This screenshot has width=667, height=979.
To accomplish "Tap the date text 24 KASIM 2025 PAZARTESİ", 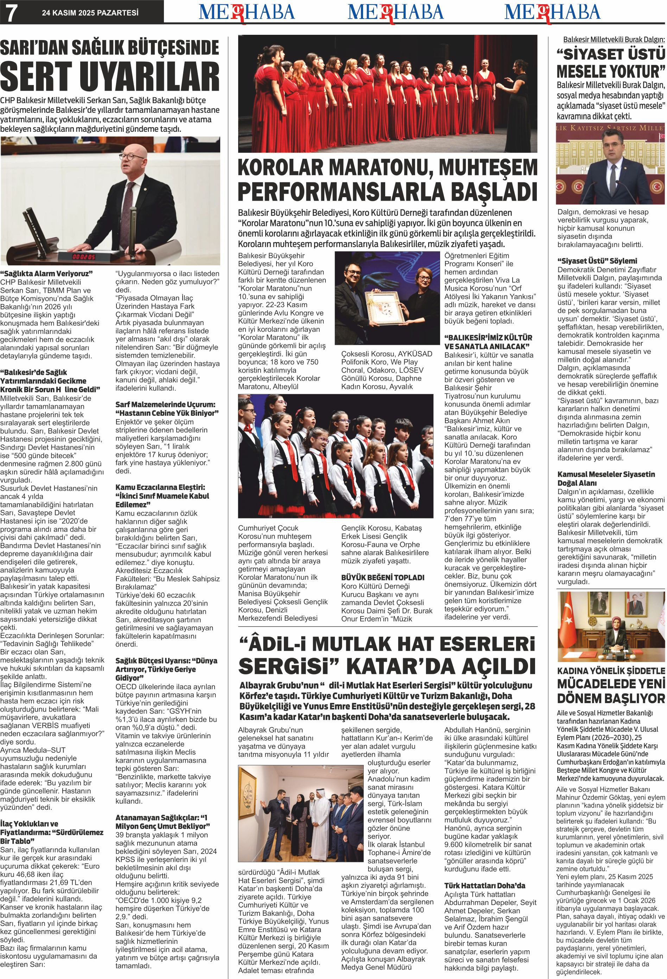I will [90, 13].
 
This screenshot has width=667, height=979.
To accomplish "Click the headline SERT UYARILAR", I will [110, 78].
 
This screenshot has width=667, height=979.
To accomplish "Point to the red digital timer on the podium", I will [83, 256].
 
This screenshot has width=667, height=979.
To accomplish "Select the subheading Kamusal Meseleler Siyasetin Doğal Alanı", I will [606, 479].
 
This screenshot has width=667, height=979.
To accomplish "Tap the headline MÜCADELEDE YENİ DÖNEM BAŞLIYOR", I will [610, 691].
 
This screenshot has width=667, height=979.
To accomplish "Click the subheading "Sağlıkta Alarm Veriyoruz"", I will [46, 273].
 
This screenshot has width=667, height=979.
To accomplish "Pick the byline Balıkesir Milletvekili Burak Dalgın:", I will [614, 40].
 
